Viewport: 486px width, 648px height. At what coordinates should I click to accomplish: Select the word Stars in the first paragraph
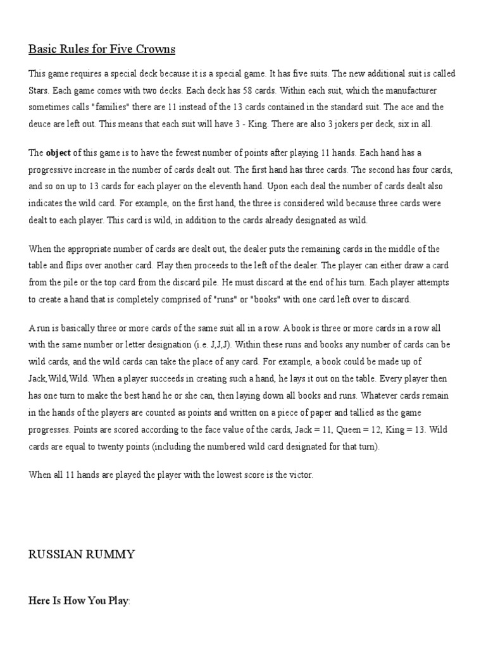(39, 90)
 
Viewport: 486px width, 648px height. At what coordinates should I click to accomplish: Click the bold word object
(58, 153)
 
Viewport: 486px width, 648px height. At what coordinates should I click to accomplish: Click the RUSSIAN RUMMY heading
(82, 555)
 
